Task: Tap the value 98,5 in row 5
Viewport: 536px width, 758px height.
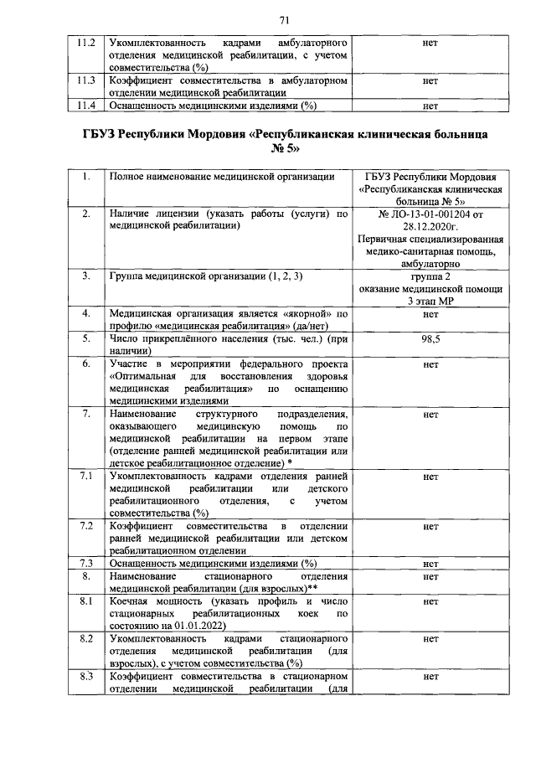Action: point(431,340)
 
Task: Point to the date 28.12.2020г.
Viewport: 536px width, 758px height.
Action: point(431,227)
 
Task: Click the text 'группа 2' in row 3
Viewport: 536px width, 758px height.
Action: point(431,276)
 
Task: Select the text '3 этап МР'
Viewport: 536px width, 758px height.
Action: point(431,300)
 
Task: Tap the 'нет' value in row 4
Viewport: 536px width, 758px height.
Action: point(431,315)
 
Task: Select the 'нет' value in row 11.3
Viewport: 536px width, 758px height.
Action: point(431,82)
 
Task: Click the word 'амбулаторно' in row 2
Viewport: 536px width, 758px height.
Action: point(431,263)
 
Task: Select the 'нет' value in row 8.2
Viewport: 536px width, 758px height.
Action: point(431,639)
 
